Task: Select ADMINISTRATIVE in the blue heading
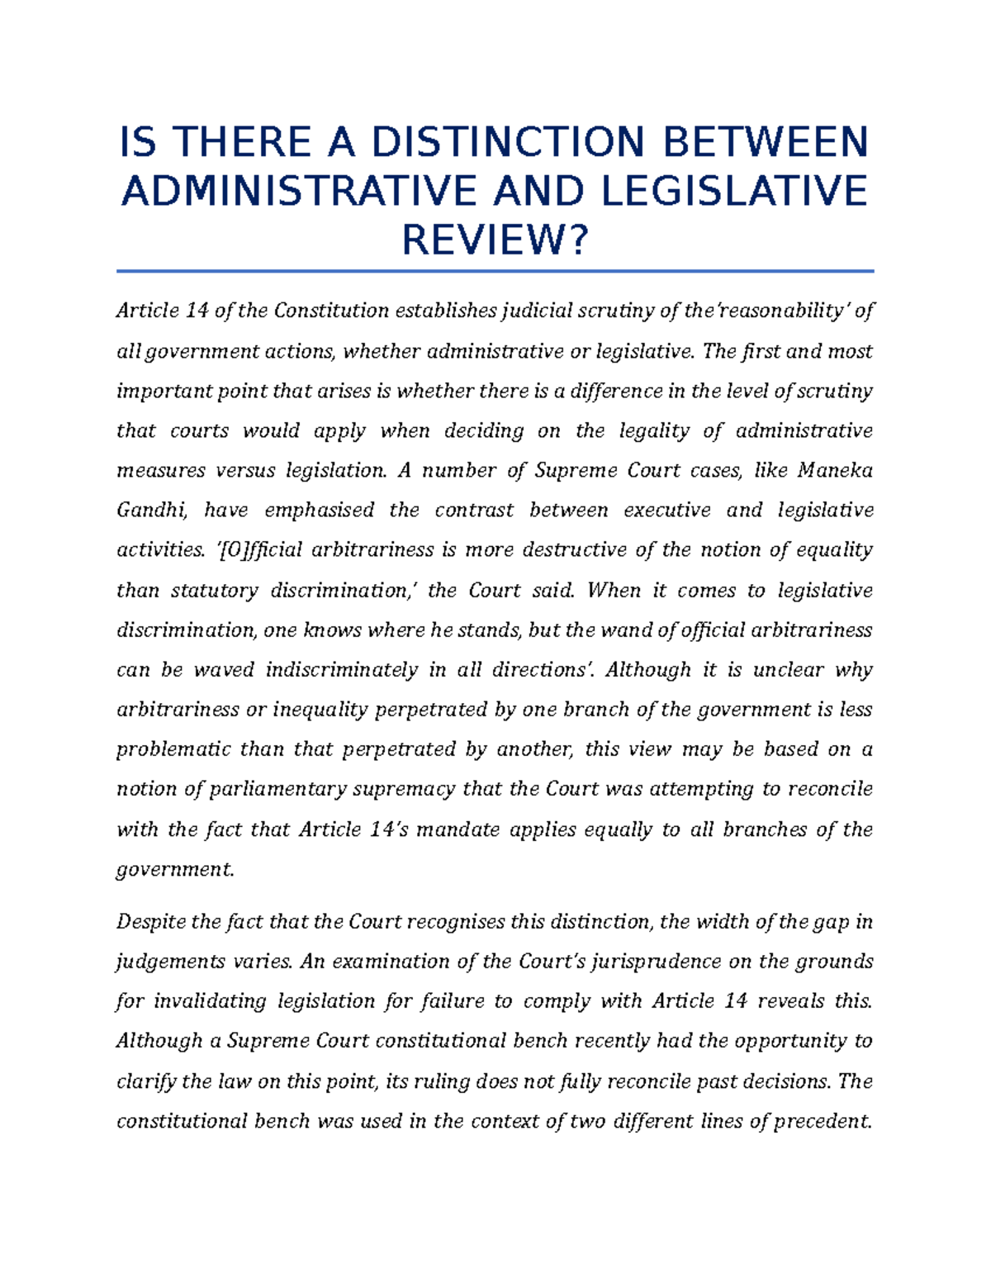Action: pyautogui.click(x=299, y=192)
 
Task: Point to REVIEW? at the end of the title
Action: pyautogui.click(x=495, y=241)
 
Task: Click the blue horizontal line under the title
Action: pyautogui.click(x=495, y=270)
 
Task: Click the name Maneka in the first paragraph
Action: pyautogui.click(x=835, y=471)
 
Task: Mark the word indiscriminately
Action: pyautogui.click(x=341, y=670)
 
